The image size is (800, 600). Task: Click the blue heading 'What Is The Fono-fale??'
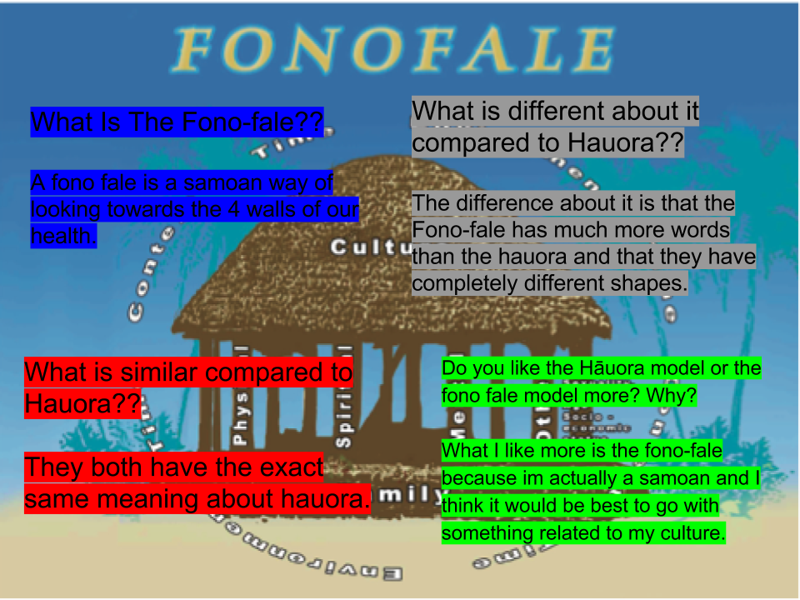(x=177, y=122)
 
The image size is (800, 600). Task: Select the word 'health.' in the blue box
(x=63, y=236)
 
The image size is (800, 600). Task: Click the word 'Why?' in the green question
(x=675, y=395)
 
